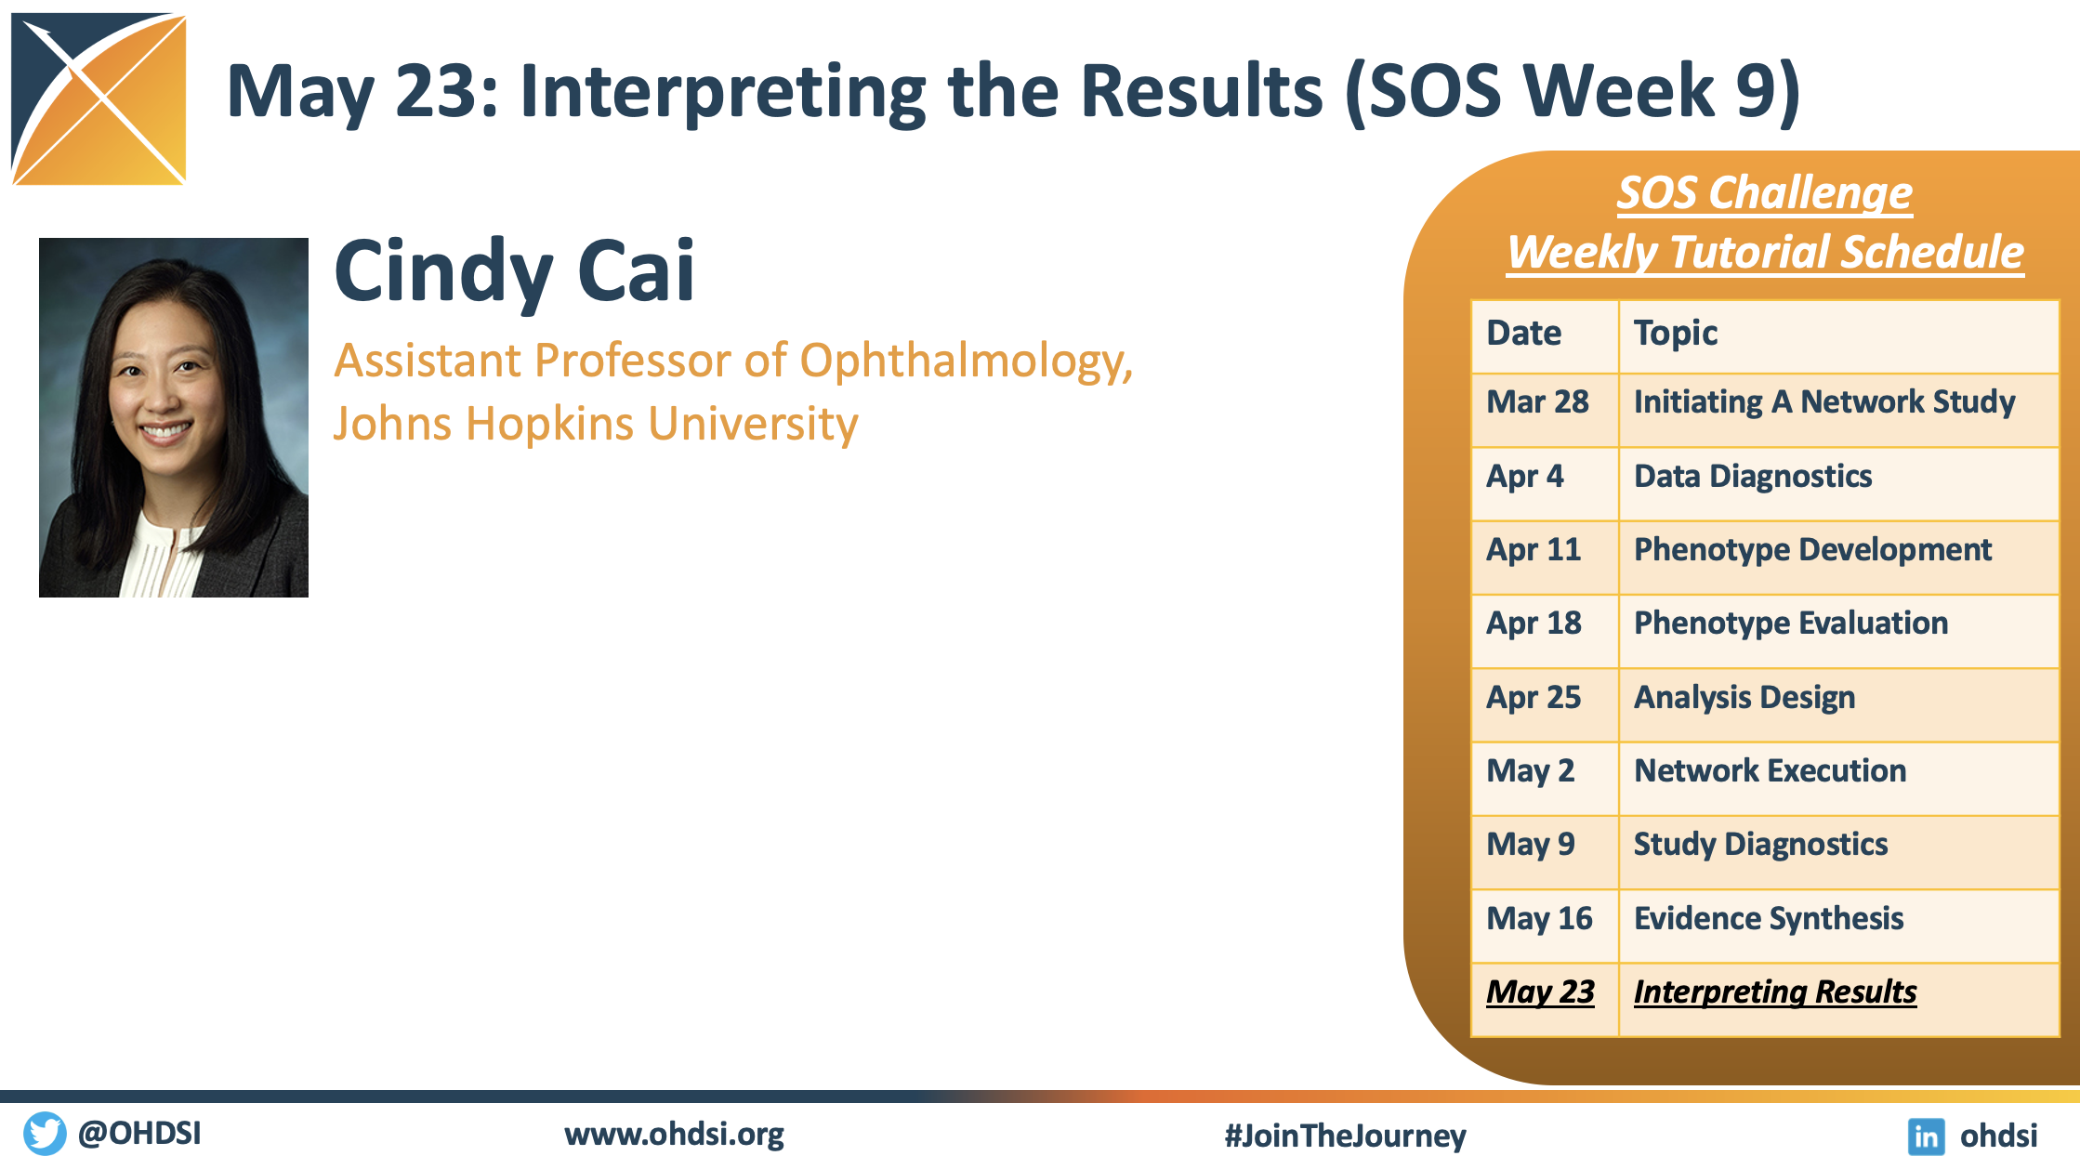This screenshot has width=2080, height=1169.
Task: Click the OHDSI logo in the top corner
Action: (99, 99)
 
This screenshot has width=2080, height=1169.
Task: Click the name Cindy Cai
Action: (514, 271)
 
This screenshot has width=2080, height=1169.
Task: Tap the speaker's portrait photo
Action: (174, 417)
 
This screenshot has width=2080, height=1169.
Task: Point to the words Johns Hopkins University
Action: (596, 424)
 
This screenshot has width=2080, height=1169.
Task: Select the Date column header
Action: (1524, 333)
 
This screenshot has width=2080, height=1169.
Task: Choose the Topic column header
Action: (1676, 334)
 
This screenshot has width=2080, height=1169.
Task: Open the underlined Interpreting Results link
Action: (1775, 992)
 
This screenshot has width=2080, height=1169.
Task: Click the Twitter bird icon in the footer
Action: (45, 1134)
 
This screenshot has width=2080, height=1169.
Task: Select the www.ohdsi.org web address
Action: (674, 1135)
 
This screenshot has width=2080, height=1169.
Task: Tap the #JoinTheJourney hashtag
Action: (1345, 1136)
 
